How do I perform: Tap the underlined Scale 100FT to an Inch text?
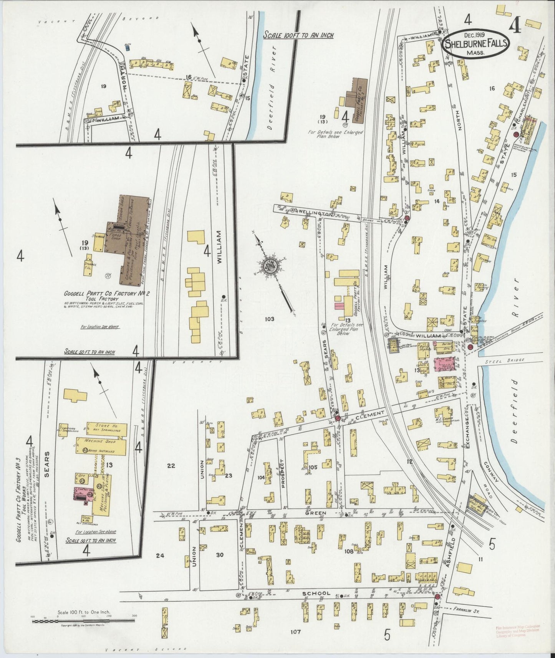point(298,35)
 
